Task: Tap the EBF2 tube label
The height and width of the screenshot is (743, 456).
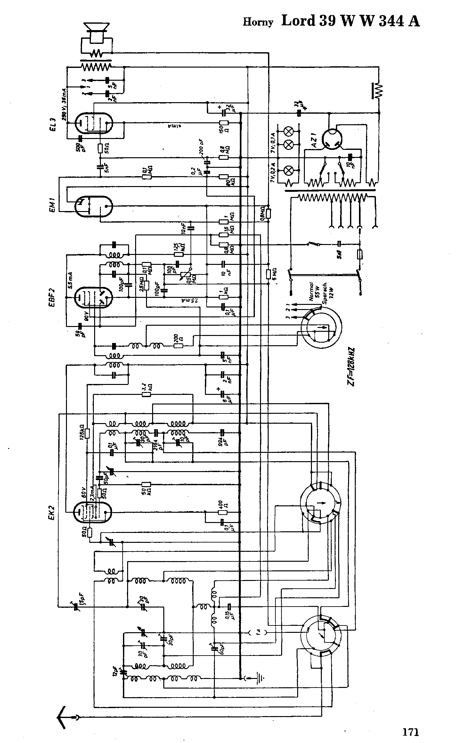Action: click(52, 298)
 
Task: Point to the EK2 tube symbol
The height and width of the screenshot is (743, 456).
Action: click(93, 512)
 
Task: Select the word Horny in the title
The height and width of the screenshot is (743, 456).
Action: click(258, 22)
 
